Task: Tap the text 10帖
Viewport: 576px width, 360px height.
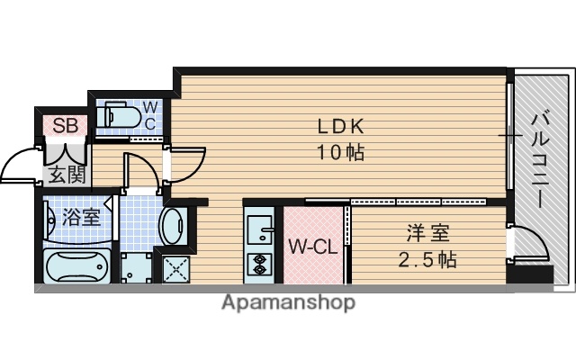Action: click(x=338, y=152)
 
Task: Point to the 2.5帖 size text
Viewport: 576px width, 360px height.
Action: click(x=428, y=260)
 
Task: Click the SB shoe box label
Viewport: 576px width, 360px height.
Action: click(x=64, y=125)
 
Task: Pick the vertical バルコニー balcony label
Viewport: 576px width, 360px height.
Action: click(x=540, y=158)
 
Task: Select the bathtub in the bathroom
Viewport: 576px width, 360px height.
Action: click(x=76, y=267)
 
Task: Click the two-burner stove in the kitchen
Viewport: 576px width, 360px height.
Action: click(x=258, y=264)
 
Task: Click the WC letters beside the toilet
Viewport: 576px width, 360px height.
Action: click(x=150, y=114)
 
